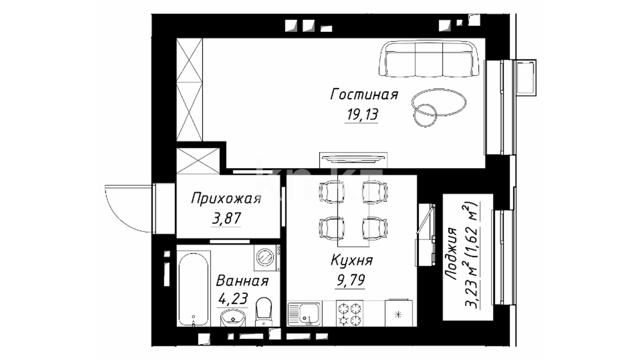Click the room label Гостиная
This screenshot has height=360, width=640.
pos(364,95)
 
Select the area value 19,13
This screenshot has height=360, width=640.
pos(362,115)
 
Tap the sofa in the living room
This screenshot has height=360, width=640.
pos(429,59)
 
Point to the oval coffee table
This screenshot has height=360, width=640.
pos(439,102)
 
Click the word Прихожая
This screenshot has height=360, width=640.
pos(226,199)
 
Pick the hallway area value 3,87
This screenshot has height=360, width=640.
pos(226,219)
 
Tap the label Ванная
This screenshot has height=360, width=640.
pos(242,281)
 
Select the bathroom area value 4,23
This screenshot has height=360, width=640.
pos(233,299)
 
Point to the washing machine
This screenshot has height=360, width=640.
pos(267,258)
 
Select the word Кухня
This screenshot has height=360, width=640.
pos(352,260)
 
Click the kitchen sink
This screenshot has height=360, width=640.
pos(304,313)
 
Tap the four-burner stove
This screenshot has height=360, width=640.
pos(349,314)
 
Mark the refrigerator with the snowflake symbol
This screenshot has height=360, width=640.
pos(399,313)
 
